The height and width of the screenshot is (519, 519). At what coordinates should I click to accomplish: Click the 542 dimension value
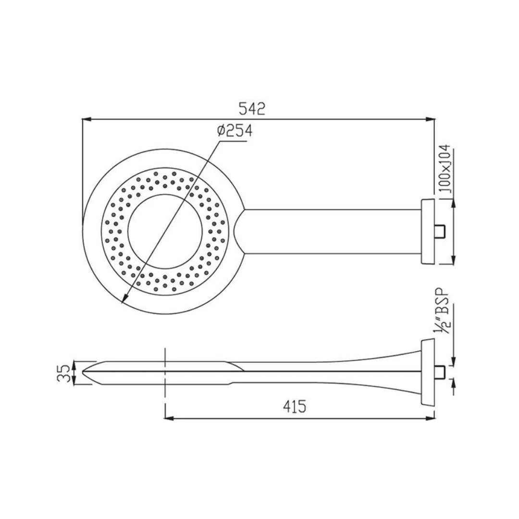click(x=252, y=109)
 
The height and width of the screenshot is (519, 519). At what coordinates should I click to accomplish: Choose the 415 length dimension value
click(x=295, y=407)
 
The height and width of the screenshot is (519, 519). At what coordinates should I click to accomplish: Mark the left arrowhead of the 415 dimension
click(x=169, y=418)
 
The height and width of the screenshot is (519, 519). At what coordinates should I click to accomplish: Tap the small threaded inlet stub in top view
click(x=440, y=232)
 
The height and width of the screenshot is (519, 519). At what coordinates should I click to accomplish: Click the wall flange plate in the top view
click(x=427, y=232)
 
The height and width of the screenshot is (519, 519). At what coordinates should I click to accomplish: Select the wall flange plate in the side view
click(x=427, y=372)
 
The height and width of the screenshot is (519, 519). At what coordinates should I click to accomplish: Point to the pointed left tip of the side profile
click(x=85, y=371)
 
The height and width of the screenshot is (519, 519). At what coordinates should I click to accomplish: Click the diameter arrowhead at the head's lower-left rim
click(x=124, y=301)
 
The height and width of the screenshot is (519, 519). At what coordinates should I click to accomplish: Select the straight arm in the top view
click(x=332, y=232)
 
